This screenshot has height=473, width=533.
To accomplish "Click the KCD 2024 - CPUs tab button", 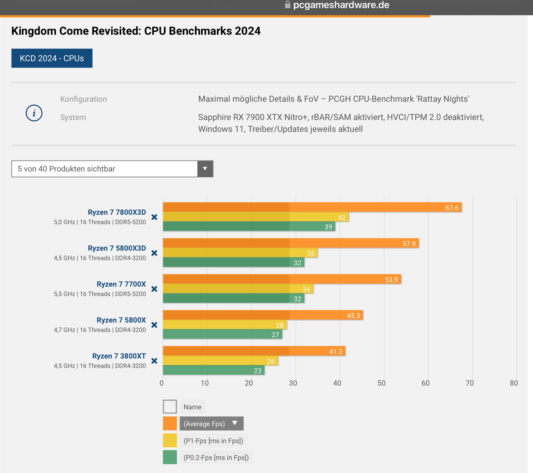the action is tap(52, 58).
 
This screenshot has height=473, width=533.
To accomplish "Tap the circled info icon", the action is tap(34, 113).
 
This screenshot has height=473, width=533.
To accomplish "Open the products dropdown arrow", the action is tap(205, 169).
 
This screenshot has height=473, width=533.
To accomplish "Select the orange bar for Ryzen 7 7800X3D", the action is tap(312, 207).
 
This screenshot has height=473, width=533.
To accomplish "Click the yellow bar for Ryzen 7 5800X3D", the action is tap(240, 253).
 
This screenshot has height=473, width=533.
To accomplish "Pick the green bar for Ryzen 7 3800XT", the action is tap(214, 370).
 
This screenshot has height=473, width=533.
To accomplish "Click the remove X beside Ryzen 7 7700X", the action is tap(154, 289).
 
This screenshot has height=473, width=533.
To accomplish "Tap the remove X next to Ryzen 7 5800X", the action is tap(154, 325).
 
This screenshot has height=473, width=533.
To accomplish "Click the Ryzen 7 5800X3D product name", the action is tap(117, 248).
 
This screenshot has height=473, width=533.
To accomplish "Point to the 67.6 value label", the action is tap(452, 208).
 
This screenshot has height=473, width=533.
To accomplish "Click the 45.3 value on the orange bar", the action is tap(353, 316).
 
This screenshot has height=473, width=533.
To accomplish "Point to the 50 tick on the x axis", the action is tap(381, 383).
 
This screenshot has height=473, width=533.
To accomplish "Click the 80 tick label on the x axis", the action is tap(514, 383).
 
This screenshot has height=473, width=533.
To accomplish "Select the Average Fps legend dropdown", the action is tap(211, 423).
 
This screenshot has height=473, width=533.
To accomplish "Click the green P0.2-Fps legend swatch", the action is tap(170, 457).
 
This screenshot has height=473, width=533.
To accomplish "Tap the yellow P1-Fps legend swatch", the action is tap(170, 440).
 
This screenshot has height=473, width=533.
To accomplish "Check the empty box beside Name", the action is tap(170, 407).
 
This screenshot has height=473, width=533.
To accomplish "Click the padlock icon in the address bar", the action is tap(287, 5).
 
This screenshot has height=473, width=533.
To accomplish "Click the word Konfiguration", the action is tap(83, 99).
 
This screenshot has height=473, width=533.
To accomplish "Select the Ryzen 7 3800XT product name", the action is tap(119, 356).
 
